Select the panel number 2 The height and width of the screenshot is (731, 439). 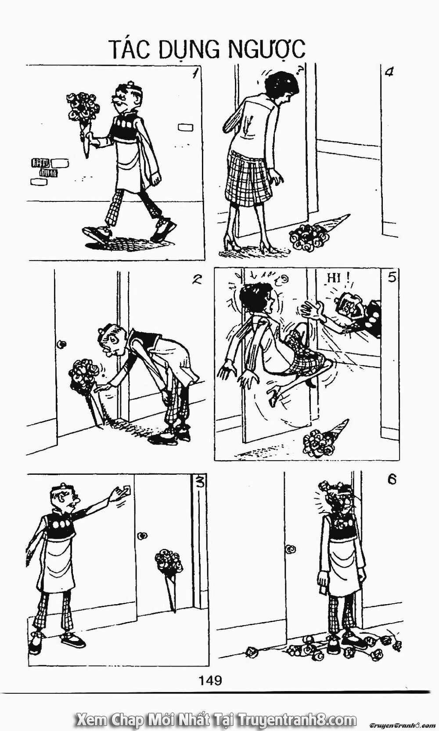[197, 279]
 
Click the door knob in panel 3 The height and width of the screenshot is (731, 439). [142, 536]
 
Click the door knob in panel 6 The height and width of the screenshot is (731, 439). [290, 549]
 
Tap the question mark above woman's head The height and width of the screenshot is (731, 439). [300, 71]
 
